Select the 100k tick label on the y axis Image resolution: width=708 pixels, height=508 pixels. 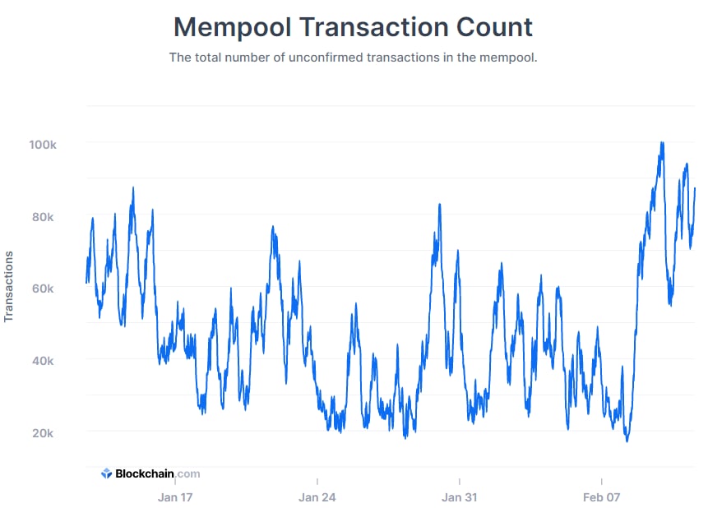point(42,145)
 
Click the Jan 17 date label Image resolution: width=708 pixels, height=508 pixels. point(175,497)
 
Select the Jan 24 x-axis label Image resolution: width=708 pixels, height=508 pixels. point(317,497)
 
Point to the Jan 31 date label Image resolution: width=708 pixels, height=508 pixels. point(460,497)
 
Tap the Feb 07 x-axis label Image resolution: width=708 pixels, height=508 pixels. point(602,497)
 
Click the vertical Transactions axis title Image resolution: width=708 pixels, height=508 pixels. point(10,286)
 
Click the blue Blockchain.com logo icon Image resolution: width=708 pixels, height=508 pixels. point(106,473)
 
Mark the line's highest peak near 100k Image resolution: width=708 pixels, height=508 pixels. point(662,143)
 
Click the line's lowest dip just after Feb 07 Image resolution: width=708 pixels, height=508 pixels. point(627,441)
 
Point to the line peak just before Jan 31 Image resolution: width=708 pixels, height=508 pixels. point(440,205)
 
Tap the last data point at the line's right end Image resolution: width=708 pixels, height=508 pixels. point(695,189)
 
